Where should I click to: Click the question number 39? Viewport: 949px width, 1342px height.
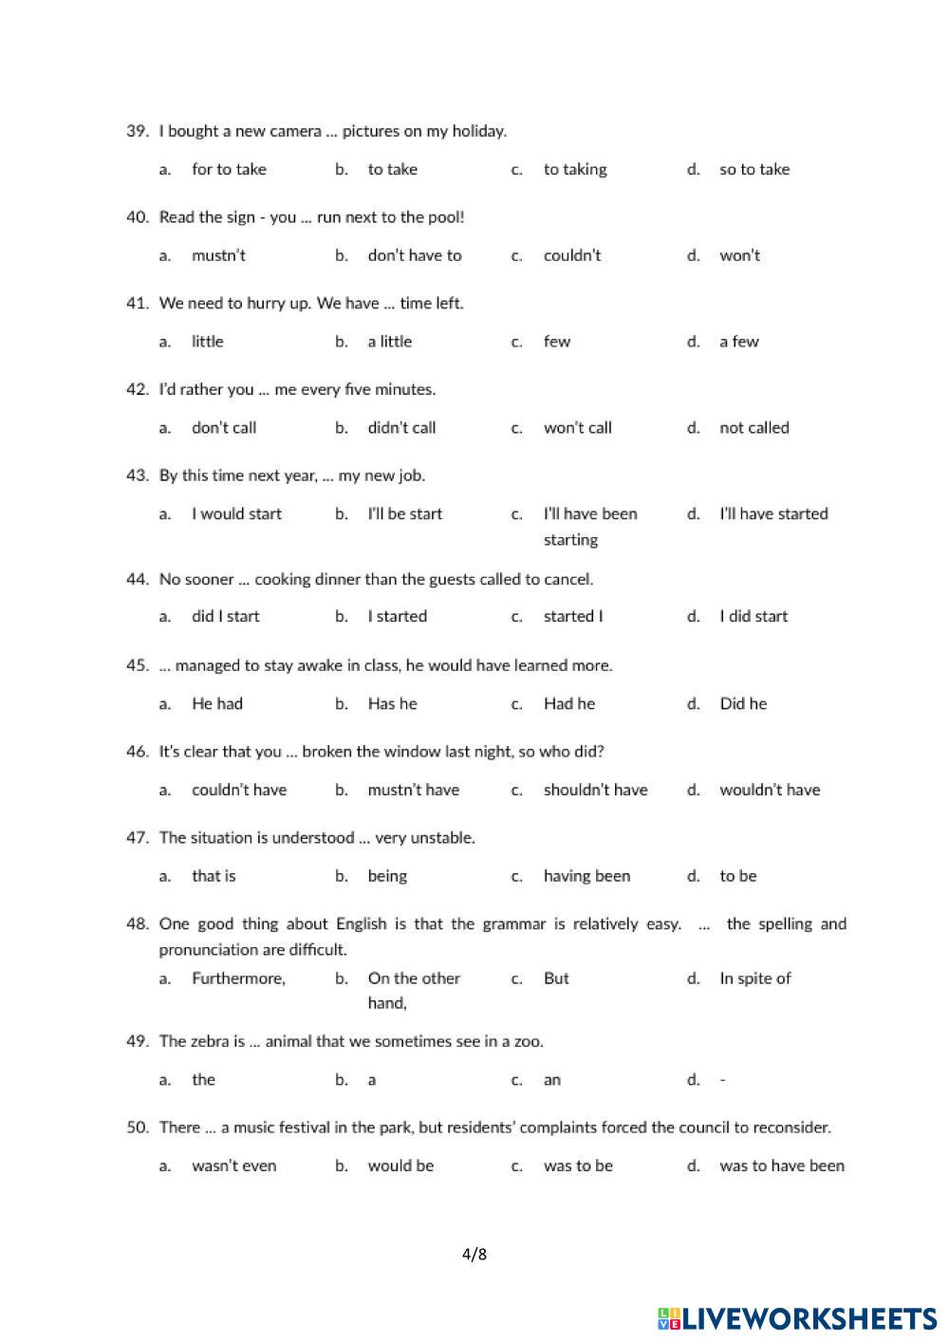[138, 131]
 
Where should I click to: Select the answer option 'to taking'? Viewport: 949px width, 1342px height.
[574, 170]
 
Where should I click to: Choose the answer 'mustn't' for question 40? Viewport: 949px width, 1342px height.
[218, 255]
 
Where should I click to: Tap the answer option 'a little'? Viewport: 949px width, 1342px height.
[389, 342]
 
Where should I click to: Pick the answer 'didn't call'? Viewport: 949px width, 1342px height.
[401, 428]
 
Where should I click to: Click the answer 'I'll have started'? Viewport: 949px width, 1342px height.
[773, 513]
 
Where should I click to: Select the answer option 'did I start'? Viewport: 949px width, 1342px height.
[225, 617]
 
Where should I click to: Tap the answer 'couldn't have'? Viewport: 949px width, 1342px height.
[239, 790]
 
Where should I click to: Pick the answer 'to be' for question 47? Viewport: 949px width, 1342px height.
[737, 876]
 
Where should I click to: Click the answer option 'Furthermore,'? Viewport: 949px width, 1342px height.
[238, 979]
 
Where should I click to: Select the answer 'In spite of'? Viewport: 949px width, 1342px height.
[754, 979]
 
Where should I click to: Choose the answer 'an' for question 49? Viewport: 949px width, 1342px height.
[551, 1080]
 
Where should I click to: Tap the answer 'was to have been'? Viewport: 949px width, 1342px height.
[781, 1166]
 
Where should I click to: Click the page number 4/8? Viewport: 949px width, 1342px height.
[474, 1255]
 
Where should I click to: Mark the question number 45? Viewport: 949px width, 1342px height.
[138, 665]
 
